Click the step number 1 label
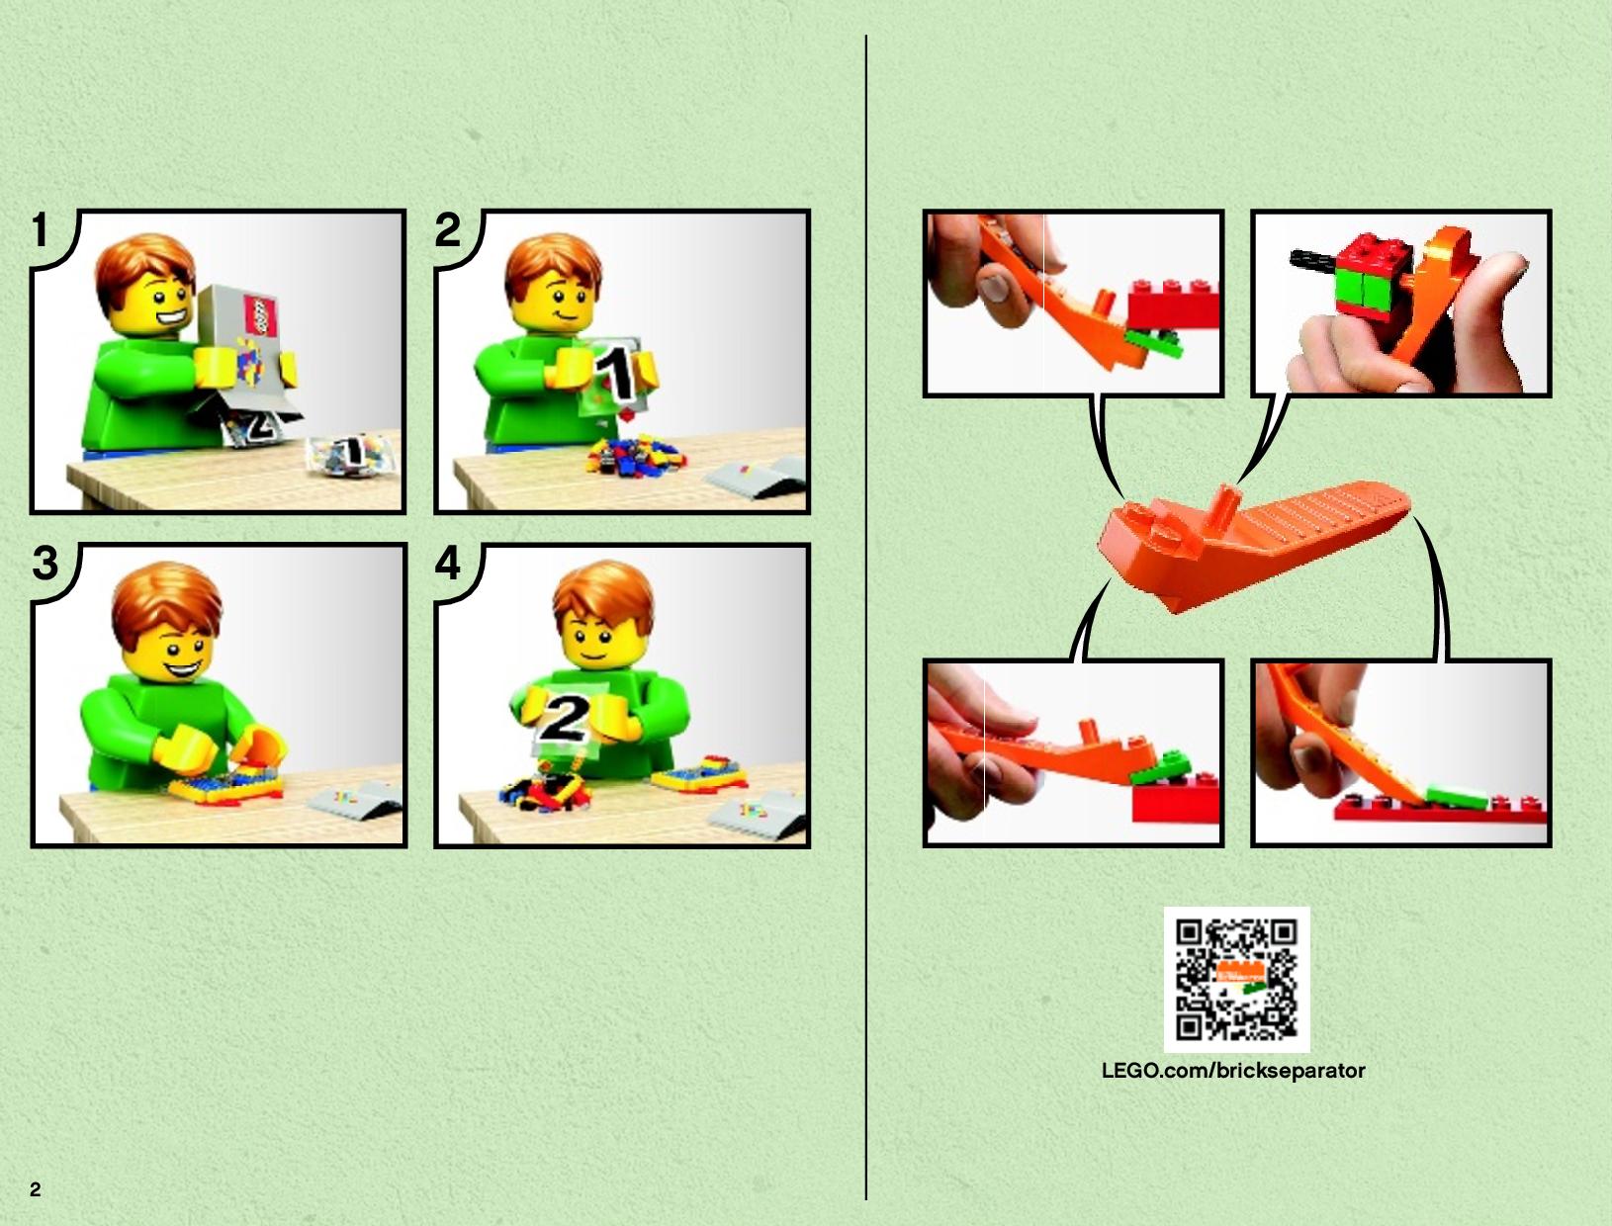click(x=41, y=229)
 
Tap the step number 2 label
click(x=447, y=229)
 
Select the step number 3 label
click(x=45, y=564)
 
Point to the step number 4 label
click(x=448, y=564)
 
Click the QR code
click(x=1237, y=980)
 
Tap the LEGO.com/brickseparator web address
click(x=1234, y=1071)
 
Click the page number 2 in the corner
click(x=36, y=1190)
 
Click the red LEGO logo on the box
click(x=260, y=316)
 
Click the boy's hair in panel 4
click(x=603, y=598)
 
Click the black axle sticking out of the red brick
click(x=1314, y=257)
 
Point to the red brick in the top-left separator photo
click(x=1174, y=305)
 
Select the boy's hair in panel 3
click(x=165, y=602)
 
